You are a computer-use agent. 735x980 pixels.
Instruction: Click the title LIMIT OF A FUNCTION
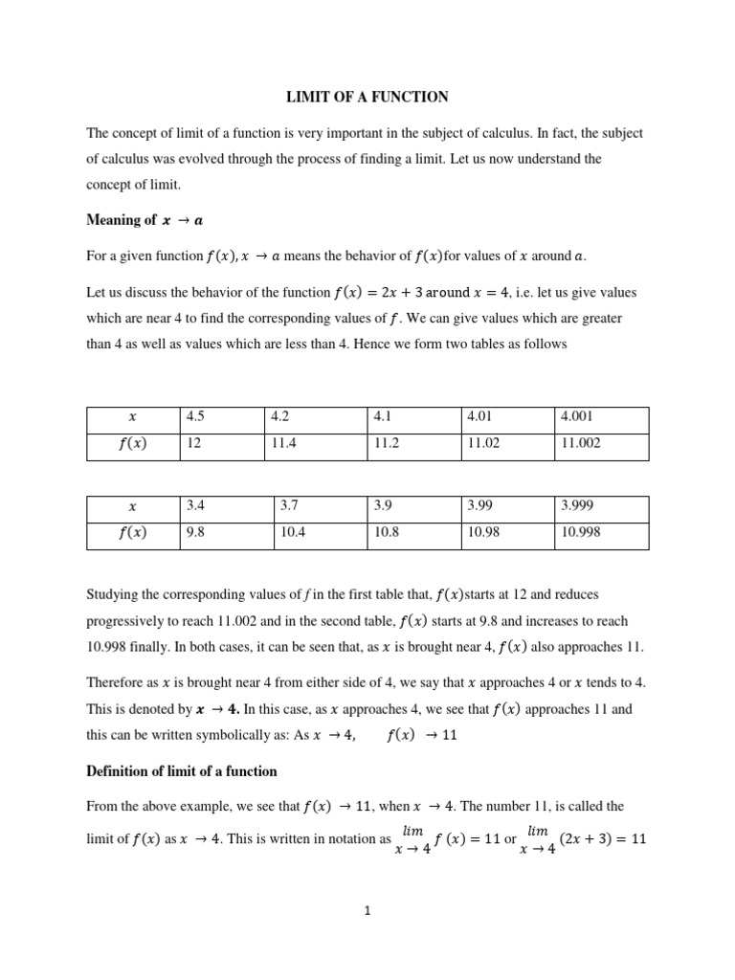(x=367, y=97)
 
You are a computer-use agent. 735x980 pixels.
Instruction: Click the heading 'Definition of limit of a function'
(x=182, y=771)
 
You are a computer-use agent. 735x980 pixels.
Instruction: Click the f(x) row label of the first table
(x=132, y=445)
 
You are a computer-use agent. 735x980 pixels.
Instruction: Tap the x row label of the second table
(x=132, y=507)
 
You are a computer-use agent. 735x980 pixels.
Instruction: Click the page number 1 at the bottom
(x=367, y=911)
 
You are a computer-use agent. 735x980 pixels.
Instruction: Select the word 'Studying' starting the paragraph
(x=112, y=594)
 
